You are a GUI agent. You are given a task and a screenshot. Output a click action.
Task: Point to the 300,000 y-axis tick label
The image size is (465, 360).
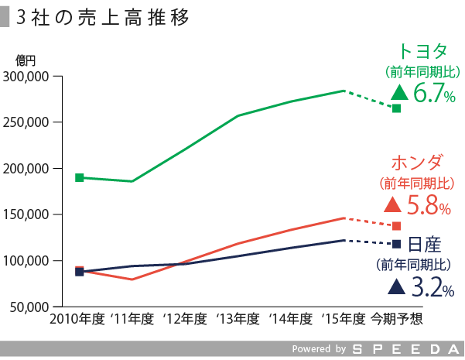click(x=27, y=77)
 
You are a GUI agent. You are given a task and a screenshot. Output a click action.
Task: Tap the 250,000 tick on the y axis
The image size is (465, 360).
click(x=27, y=122)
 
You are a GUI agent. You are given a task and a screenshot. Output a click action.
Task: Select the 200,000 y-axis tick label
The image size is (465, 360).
click(x=27, y=169)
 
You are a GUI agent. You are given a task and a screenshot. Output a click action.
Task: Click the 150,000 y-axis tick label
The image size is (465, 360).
click(x=27, y=214)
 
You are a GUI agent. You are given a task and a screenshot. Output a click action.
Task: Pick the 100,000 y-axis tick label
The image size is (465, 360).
click(x=27, y=260)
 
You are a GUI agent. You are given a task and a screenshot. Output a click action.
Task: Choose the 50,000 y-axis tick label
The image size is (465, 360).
click(x=30, y=307)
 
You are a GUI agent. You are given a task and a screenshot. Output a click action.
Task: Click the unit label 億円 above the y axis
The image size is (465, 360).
click(x=26, y=60)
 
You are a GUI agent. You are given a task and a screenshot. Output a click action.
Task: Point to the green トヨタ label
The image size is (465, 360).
click(x=422, y=51)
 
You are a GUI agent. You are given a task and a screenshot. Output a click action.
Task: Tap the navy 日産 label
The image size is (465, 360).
click(x=423, y=245)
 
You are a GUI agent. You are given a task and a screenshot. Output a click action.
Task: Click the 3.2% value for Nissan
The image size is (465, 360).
click(x=432, y=288)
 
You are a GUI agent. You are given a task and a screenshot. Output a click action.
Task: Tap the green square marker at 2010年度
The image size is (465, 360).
click(x=79, y=177)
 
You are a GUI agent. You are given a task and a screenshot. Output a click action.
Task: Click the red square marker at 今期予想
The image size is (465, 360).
click(x=397, y=226)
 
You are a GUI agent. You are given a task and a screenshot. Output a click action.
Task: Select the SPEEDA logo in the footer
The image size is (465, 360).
click(x=405, y=349)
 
